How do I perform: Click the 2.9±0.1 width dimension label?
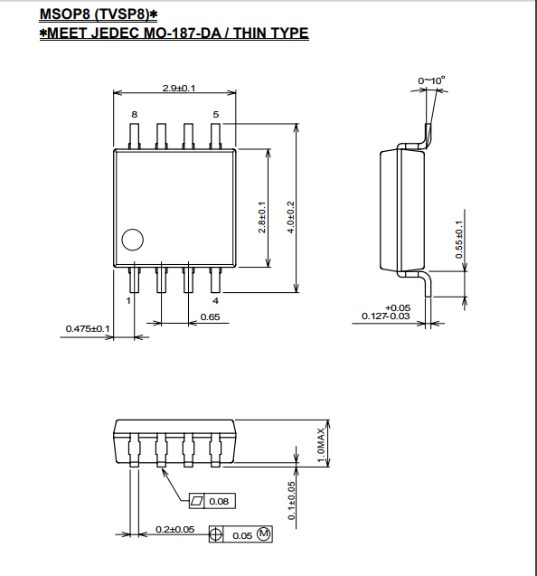click(x=179, y=89)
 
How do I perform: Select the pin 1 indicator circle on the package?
click(x=132, y=240)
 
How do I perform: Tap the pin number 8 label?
click(x=135, y=115)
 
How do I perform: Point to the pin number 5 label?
click(x=215, y=115)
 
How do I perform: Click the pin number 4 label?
click(x=215, y=301)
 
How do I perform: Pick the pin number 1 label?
click(x=128, y=301)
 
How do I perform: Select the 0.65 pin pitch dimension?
click(x=210, y=316)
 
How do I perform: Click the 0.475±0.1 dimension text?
click(x=88, y=328)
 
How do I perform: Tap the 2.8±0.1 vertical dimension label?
click(x=262, y=217)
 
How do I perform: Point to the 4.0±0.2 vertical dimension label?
click(x=291, y=217)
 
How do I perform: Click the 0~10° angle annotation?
click(x=431, y=80)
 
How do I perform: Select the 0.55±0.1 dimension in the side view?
click(x=459, y=240)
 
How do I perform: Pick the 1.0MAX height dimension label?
click(x=321, y=446)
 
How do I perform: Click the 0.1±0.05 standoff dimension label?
click(x=292, y=501)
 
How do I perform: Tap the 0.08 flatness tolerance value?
click(x=219, y=502)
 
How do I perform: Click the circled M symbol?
click(x=263, y=534)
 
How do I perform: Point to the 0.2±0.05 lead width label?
click(x=174, y=529)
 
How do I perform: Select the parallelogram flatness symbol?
click(x=196, y=501)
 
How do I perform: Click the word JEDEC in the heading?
click(x=115, y=33)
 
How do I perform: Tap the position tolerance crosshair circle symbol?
click(x=216, y=534)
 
